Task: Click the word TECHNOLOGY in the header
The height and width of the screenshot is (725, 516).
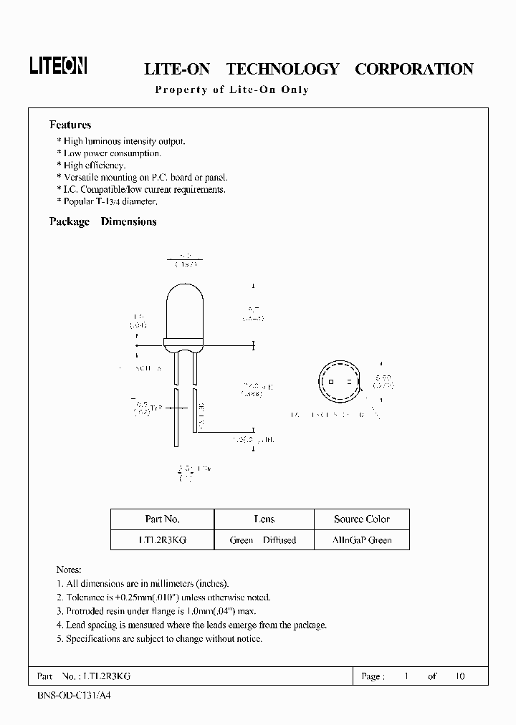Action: click(282, 69)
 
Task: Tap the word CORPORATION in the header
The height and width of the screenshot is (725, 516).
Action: click(414, 69)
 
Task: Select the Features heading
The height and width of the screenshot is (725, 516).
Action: click(70, 125)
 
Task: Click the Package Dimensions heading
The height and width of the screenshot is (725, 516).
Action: click(102, 221)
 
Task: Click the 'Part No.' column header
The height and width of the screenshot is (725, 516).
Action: click(162, 519)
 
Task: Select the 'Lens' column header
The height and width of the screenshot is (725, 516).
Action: click(264, 519)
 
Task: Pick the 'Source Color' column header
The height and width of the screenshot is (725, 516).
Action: click(362, 519)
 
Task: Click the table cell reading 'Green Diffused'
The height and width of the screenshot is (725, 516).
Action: click(263, 540)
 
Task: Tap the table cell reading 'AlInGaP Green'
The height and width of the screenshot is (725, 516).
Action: click(362, 540)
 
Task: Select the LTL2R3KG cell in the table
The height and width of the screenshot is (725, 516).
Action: click(162, 540)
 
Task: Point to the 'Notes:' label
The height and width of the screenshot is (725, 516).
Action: click(69, 570)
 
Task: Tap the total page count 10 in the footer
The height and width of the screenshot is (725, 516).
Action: click(460, 676)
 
